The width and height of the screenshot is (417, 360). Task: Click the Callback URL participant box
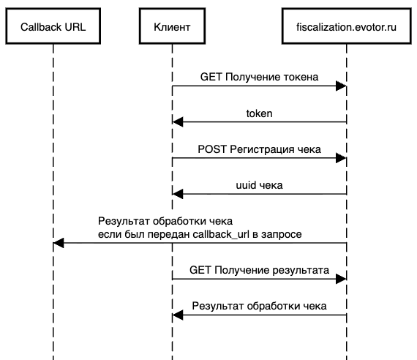(x=53, y=27)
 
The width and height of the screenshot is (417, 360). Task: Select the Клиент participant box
(x=173, y=27)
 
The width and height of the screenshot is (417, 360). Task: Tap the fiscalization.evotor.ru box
(x=346, y=27)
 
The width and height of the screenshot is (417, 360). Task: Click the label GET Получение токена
(x=259, y=77)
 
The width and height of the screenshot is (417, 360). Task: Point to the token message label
(x=259, y=113)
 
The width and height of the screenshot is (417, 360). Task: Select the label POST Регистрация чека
(x=259, y=149)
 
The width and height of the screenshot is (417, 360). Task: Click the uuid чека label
(x=259, y=184)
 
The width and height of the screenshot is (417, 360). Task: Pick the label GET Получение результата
(x=259, y=271)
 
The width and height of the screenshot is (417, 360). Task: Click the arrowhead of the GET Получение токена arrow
(x=341, y=86)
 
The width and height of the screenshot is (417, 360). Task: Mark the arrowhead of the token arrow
(x=178, y=122)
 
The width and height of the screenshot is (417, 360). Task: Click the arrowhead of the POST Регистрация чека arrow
(x=341, y=158)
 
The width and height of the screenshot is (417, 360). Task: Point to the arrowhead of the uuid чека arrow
(x=178, y=194)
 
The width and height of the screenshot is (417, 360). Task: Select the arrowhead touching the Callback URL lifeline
(x=59, y=244)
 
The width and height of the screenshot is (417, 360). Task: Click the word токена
(x=299, y=77)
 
